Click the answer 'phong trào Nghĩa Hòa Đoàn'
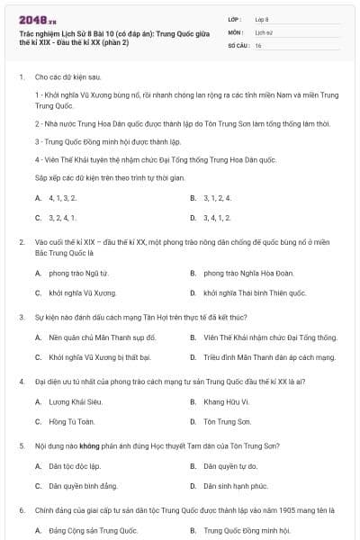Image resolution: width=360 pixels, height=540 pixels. [x=238, y=272]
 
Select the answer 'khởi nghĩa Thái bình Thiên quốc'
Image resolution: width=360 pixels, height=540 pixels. [x=255, y=292]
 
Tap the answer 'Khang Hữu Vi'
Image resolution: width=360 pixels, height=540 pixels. [x=225, y=400]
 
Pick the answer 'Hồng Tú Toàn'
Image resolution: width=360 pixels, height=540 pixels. [x=68, y=421]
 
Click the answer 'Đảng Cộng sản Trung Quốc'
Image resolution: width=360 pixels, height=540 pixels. [x=86, y=531]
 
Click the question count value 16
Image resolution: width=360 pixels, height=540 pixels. [x=257, y=44]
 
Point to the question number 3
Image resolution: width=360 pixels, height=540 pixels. [x=21, y=317]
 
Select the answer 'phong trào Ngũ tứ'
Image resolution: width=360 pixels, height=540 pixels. [x=78, y=272]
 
